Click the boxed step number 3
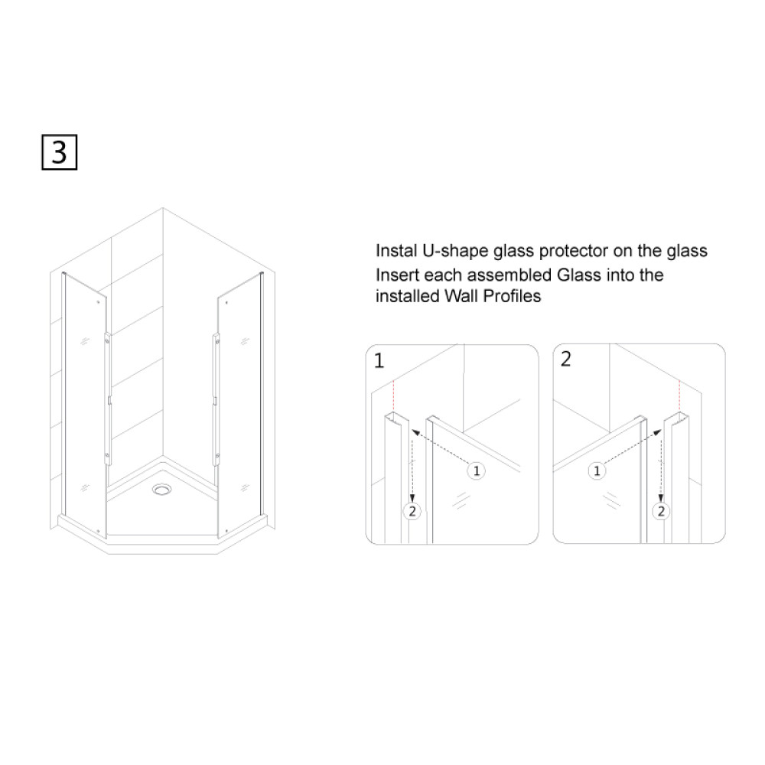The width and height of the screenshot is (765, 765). click(59, 152)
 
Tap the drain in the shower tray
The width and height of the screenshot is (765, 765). click(162, 489)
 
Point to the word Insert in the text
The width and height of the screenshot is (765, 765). click(397, 275)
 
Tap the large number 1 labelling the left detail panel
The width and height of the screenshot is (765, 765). click(379, 360)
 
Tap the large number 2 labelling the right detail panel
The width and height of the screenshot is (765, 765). click(565, 359)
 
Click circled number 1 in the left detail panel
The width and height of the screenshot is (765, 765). click(476, 470)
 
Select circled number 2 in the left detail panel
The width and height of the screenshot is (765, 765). click(412, 511)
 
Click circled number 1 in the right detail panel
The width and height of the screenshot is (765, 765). click(597, 470)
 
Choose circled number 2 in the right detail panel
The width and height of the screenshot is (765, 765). click(661, 511)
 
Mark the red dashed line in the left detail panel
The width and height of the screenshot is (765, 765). click(393, 396)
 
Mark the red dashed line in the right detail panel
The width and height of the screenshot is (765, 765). click(679, 396)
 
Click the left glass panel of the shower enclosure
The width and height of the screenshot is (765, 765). click(85, 405)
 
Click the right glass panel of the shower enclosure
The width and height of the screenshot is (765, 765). click(240, 405)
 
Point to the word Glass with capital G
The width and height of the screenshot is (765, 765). click(578, 275)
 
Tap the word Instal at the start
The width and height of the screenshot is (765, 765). click(396, 251)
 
